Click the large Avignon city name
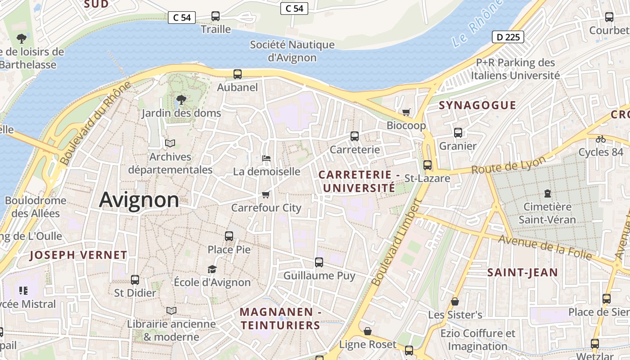point(139,199)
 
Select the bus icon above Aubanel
point(238,74)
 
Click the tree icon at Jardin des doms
point(181,99)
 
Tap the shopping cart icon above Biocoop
point(406,112)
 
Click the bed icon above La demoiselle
point(266,158)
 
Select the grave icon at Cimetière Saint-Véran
point(547,193)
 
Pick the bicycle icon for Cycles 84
point(601,139)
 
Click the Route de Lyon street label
point(508,165)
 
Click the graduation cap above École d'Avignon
point(212,269)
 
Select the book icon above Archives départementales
point(170,143)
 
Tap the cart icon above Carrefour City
point(265,194)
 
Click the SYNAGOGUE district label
point(477,105)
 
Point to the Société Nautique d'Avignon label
point(292,51)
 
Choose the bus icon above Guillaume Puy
point(319,262)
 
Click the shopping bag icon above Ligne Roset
point(368,331)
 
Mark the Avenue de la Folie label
point(544,247)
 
